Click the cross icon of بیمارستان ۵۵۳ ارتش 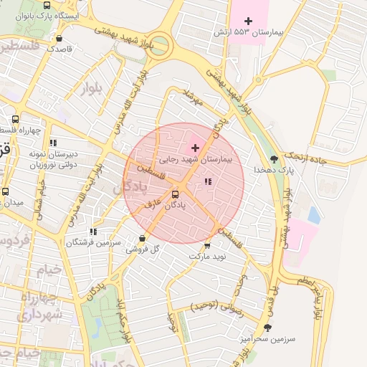tap(248, 22)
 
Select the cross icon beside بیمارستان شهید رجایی tap(194, 147)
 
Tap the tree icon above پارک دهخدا tap(275, 158)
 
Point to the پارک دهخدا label tap(275, 171)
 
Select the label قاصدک tap(59, 49)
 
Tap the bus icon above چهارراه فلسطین tap(16, 119)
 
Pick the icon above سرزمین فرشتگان tap(93, 232)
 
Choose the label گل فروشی tap(142, 249)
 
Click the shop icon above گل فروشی tap(142, 238)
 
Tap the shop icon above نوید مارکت tap(208, 244)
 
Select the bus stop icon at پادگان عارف tap(176, 194)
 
